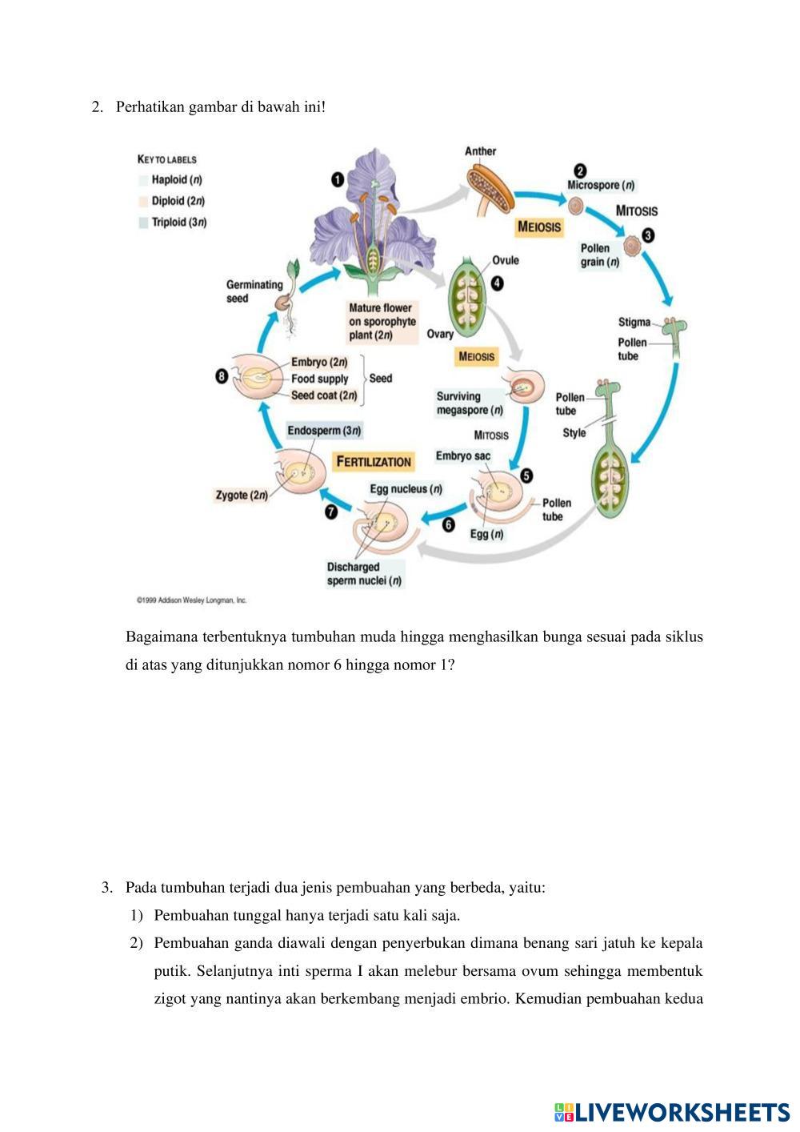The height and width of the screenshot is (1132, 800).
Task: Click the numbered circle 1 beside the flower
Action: click(338, 179)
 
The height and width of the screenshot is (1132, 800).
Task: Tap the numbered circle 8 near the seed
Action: click(222, 376)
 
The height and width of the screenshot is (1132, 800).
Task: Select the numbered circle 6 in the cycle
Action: click(448, 524)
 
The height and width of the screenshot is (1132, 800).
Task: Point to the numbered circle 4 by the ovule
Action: click(497, 283)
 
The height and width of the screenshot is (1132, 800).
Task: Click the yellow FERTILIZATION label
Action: click(374, 462)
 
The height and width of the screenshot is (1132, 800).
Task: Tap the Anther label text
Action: click(480, 151)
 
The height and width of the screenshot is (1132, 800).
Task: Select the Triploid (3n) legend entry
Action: click(178, 222)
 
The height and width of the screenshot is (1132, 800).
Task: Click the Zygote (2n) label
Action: click(242, 495)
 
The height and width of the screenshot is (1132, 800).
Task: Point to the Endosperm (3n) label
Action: click(324, 431)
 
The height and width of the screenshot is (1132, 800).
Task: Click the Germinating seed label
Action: click(254, 291)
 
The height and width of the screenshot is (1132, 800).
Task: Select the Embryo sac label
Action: click(463, 456)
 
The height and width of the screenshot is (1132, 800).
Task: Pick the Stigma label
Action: click(634, 322)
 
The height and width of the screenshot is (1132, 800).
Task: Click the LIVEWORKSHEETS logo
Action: click(672, 1111)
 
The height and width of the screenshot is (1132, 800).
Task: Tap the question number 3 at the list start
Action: click(106, 887)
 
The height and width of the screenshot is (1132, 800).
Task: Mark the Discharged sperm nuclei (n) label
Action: click(364, 574)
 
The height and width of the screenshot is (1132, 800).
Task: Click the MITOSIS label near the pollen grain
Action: click(637, 211)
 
